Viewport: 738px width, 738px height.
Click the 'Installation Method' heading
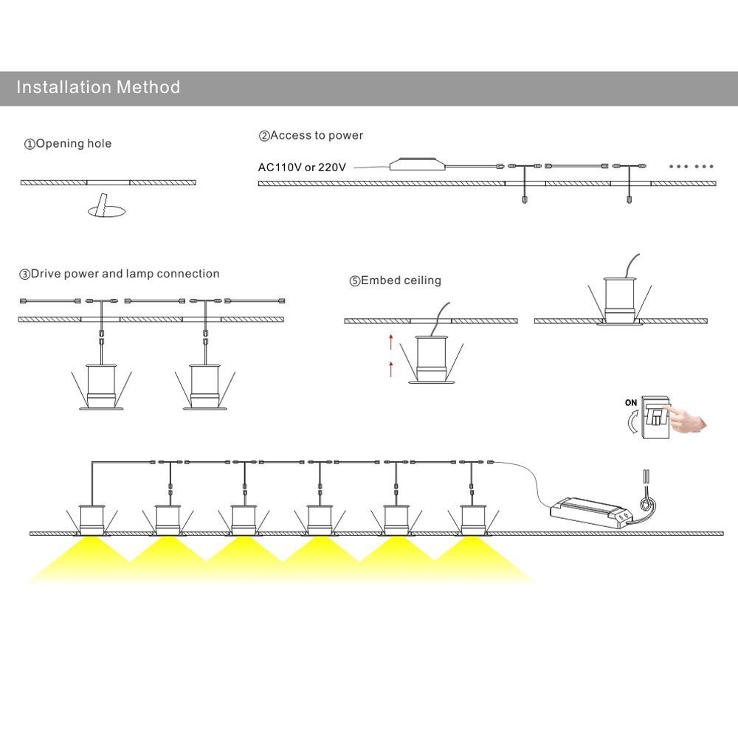pos(98,88)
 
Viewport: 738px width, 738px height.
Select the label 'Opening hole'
pos(68,144)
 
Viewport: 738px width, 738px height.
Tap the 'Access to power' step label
pos(311,136)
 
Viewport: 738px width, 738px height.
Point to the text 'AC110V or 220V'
pos(302,168)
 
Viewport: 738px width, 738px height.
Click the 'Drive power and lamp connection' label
pos(120,274)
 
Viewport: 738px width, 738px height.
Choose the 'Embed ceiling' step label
pos(396,281)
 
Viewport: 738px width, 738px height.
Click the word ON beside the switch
pos(631,403)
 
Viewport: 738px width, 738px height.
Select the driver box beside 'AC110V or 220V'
pos(418,165)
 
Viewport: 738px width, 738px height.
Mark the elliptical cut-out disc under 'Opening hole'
pos(106,211)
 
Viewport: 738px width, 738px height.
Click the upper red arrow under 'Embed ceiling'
pos(391,341)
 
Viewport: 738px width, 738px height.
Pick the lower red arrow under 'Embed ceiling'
pos(391,368)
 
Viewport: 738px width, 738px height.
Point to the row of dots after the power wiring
pos(692,167)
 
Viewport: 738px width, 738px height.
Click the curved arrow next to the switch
pos(629,425)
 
